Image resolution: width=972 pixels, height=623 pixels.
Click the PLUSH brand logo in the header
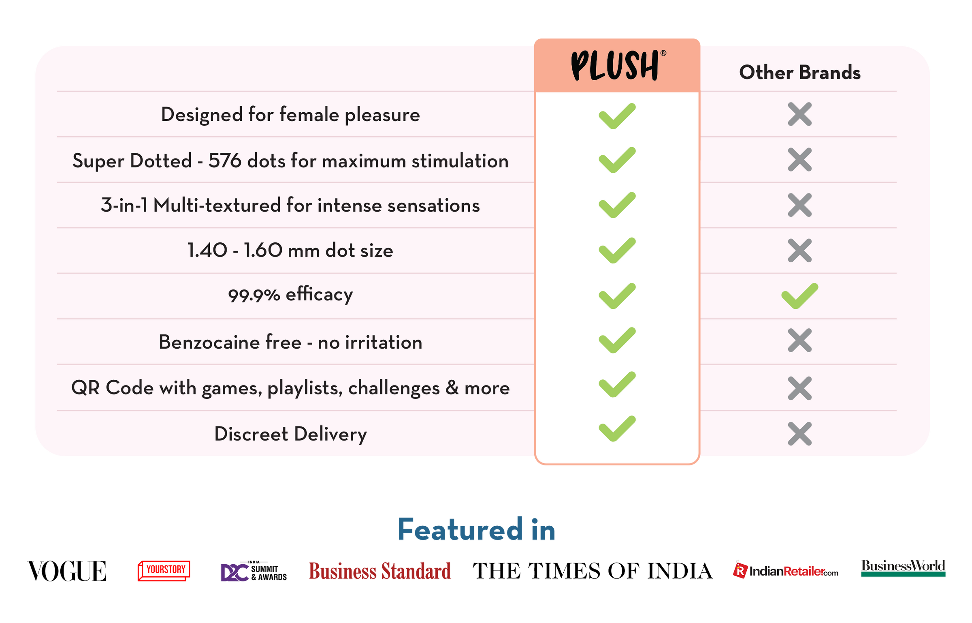click(x=618, y=65)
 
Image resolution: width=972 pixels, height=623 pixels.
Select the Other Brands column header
click(x=799, y=73)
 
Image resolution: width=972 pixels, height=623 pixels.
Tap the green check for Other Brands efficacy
click(x=799, y=296)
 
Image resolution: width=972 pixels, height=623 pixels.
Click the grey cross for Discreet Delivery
click(x=799, y=434)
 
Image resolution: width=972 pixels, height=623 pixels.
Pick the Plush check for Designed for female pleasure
click(x=617, y=116)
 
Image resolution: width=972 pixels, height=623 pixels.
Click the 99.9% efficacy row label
click(x=290, y=295)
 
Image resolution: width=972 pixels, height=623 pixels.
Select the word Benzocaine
click(x=230, y=342)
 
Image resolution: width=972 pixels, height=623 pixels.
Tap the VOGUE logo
click(x=67, y=571)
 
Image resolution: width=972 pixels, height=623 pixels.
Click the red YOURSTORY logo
click(x=164, y=571)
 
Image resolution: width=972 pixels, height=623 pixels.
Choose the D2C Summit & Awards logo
click(x=254, y=571)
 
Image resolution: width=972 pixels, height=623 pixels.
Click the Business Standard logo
click(x=379, y=571)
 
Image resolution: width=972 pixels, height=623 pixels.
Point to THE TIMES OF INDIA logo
click(x=593, y=571)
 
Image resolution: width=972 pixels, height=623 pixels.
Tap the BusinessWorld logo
click(x=903, y=567)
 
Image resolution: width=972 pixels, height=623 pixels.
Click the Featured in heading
click(x=476, y=529)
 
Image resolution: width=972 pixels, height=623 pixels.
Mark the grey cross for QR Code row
click(x=799, y=388)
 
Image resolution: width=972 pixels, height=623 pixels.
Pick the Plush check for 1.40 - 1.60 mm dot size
click(x=617, y=250)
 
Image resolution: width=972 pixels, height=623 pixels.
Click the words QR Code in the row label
click(x=113, y=388)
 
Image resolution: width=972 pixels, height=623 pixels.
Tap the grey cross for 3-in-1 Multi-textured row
click(x=799, y=205)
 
